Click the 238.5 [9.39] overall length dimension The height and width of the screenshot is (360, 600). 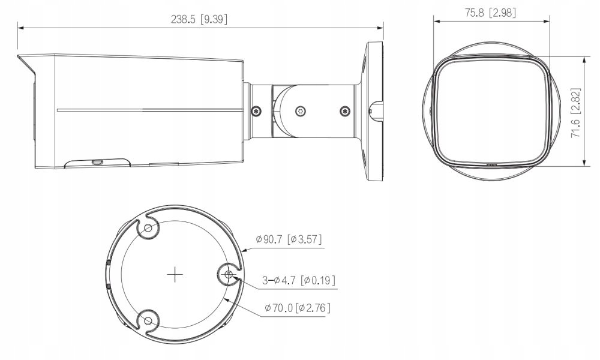coord(199,19)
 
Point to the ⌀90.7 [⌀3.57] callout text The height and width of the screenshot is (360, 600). coord(288,239)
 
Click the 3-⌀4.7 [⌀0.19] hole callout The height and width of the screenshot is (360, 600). coord(298,280)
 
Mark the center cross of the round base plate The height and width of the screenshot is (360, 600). coord(175,275)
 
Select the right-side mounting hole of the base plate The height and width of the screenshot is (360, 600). coord(229,275)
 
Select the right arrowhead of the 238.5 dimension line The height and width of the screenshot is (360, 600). coord(381,26)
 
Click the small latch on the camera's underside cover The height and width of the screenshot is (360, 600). coord(96,161)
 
